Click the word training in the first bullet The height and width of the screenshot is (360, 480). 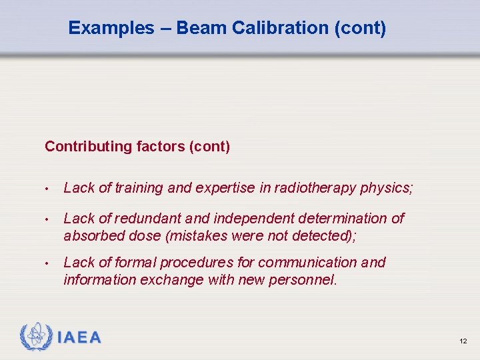[139, 188]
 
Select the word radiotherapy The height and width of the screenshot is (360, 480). [314, 188]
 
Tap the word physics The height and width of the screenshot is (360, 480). [387, 188]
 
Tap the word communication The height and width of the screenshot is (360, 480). [313, 263]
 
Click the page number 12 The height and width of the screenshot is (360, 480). [463, 341]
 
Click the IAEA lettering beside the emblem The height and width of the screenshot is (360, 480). [79, 338]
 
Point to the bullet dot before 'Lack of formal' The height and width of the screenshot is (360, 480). [48, 263]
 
